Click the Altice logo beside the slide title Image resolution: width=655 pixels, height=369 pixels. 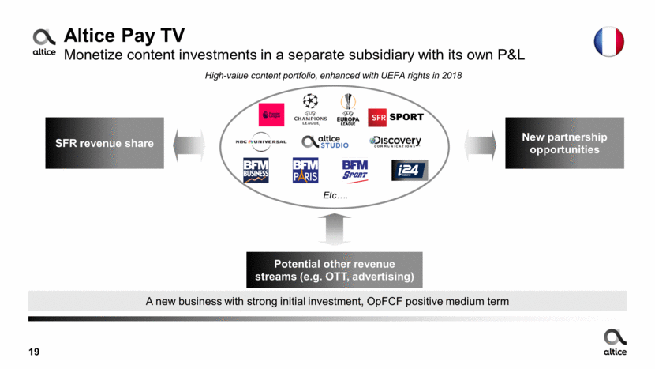pos(44,42)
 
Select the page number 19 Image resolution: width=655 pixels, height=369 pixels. pos(35,352)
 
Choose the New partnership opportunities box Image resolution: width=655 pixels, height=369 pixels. pos(564,143)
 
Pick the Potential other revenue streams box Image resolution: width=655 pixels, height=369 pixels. pos(334,270)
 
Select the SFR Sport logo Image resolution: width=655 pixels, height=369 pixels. pos(395,117)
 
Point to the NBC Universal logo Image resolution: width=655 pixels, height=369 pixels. pos(260,142)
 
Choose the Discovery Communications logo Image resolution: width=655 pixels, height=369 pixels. pos(395,142)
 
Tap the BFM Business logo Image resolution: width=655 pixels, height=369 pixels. pos(256,171)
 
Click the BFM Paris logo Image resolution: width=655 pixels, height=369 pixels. pos(305,171)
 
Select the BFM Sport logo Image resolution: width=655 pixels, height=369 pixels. pos(355,171)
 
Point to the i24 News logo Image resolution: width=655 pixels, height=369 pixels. pos(409,171)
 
